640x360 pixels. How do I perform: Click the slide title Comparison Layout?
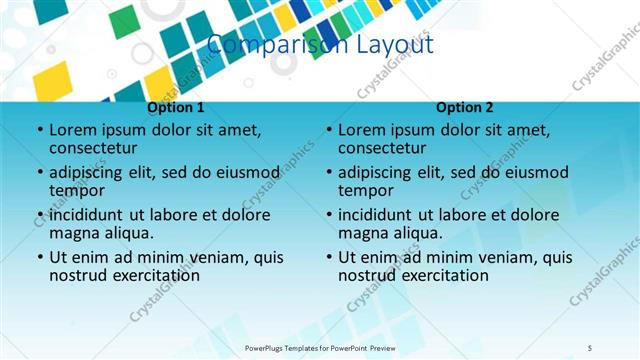[x=320, y=45]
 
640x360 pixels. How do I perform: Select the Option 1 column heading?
[x=176, y=108]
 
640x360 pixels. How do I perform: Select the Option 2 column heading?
[x=465, y=108]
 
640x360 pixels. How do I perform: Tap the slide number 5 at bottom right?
[x=590, y=347]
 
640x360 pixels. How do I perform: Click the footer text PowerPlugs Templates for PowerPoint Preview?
[x=319, y=347]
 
